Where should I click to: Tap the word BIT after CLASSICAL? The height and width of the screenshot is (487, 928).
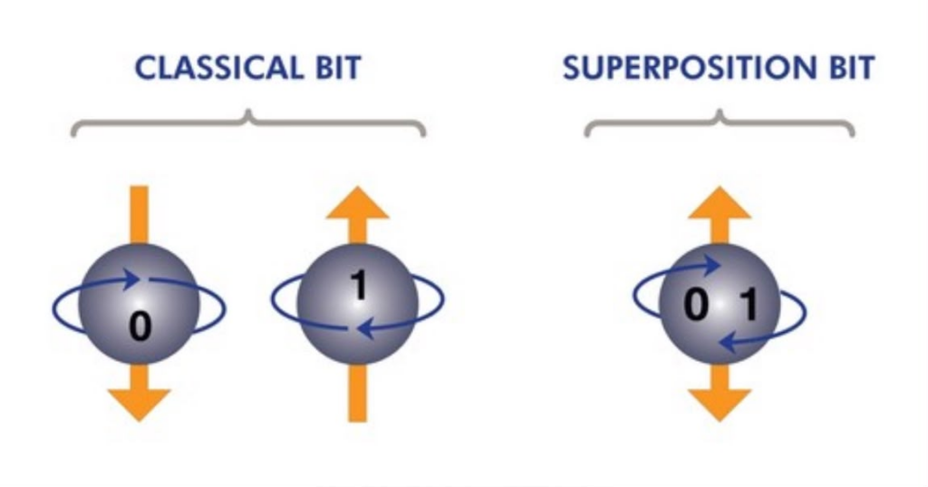click(338, 67)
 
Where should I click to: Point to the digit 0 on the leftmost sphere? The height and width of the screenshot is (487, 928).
click(140, 326)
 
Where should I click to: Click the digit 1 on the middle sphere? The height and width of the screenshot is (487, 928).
click(359, 285)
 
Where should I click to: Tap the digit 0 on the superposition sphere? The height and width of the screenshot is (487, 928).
click(695, 305)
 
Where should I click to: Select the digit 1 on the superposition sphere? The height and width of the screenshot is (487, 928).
click(748, 305)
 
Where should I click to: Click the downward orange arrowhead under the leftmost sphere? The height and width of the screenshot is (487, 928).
click(139, 404)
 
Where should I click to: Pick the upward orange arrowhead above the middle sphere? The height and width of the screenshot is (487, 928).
click(357, 202)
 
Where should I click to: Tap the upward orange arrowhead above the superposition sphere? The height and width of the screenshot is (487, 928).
click(720, 202)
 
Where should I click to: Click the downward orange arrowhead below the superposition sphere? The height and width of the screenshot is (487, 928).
click(720, 404)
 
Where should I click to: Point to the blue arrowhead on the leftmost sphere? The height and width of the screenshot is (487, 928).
click(130, 278)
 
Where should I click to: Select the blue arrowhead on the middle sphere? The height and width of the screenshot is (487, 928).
click(367, 328)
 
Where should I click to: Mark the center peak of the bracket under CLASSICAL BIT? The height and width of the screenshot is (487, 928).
click(248, 112)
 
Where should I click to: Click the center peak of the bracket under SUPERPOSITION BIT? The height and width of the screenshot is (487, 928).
click(720, 112)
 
